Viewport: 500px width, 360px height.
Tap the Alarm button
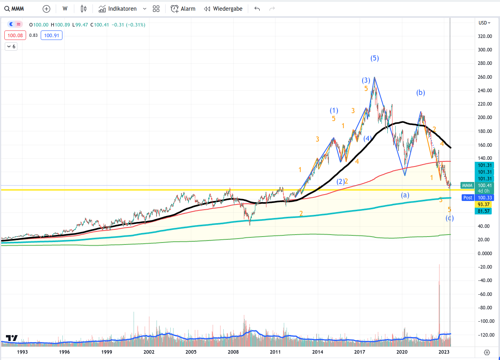183,9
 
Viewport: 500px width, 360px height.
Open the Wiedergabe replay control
223,9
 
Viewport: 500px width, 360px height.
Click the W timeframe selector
65,9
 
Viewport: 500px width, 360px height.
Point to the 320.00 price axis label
485,36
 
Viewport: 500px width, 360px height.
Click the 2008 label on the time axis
233,352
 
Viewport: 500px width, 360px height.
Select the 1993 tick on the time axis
22,352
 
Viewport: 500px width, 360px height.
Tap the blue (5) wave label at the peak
375,59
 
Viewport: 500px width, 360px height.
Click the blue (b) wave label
421,93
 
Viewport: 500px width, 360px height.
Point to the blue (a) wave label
405,195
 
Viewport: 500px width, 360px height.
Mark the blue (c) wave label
450,218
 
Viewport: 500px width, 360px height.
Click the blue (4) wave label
368,138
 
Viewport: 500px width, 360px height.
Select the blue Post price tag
468,197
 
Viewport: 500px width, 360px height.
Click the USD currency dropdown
484,23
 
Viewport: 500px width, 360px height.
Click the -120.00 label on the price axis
484,335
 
